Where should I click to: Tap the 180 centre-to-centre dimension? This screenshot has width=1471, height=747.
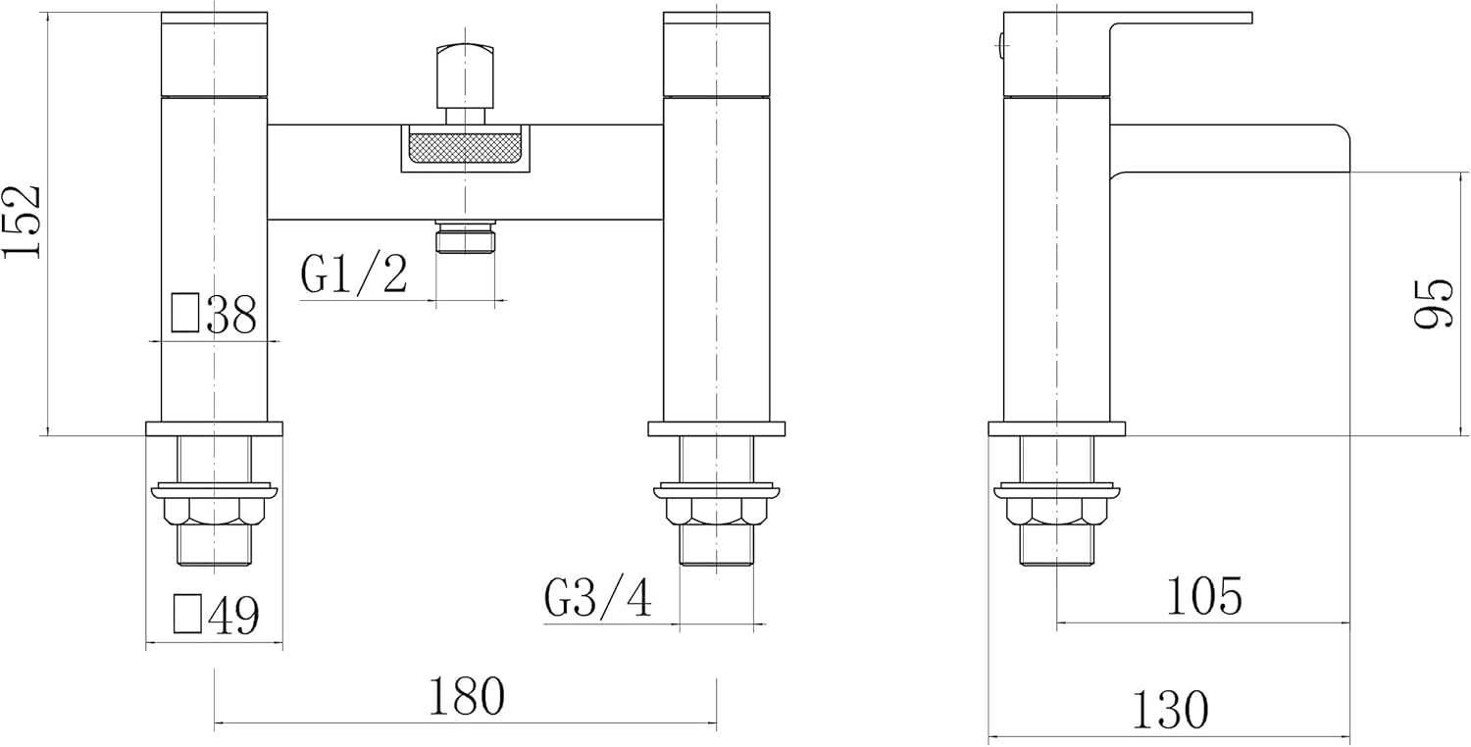click(x=466, y=696)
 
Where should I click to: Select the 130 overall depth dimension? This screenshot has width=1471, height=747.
click(x=1170, y=710)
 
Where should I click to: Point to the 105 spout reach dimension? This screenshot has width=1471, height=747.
click(x=1204, y=595)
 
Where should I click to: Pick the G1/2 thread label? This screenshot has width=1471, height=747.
click(x=354, y=274)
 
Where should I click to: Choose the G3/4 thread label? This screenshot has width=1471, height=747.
click(x=597, y=599)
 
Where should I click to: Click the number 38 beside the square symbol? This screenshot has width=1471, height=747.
click(x=231, y=315)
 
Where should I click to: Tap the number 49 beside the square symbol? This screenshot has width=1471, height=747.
click(x=233, y=615)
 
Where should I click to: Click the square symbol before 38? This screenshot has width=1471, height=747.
click(x=185, y=313)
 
